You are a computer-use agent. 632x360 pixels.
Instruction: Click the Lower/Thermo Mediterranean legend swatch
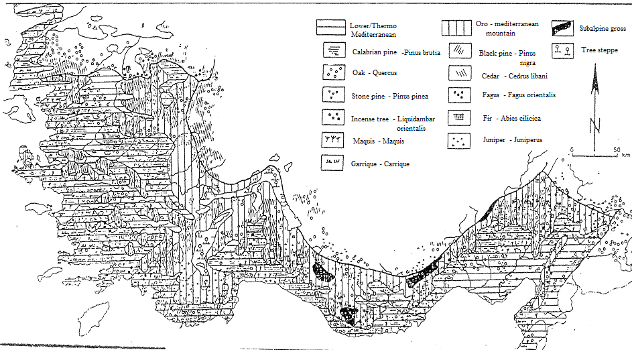click(331, 27)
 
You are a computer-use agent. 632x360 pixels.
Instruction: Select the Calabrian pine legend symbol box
click(334, 50)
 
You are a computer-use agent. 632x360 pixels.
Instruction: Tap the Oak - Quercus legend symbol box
click(334, 72)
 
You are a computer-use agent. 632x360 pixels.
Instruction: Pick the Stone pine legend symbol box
click(333, 95)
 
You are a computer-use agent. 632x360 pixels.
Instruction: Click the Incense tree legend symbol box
click(333, 117)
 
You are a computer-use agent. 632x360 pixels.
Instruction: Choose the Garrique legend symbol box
click(332, 163)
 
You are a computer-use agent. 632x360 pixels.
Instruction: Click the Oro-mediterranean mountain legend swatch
click(456, 28)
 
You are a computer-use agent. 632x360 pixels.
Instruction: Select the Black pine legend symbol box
click(460, 50)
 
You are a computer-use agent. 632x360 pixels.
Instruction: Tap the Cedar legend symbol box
click(460, 73)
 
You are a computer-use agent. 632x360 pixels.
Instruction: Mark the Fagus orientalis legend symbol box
click(460, 96)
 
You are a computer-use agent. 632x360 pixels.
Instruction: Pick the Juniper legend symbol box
click(458, 141)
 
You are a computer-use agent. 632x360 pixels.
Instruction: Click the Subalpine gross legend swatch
click(563, 28)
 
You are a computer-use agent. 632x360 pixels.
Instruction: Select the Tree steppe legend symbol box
click(563, 51)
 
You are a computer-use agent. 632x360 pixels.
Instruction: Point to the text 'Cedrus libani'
click(528, 76)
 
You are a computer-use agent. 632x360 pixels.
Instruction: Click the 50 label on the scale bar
click(617, 150)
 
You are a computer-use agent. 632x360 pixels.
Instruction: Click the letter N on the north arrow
click(595, 125)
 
